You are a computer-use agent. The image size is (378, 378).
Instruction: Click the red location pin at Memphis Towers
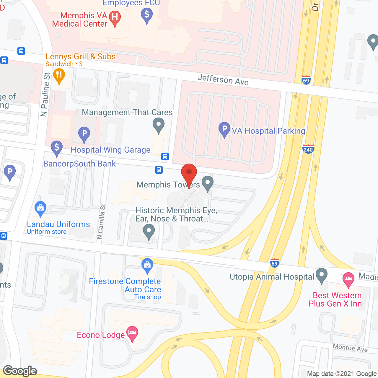[x=189, y=173]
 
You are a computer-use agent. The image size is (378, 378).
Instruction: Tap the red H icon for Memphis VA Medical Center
[x=115, y=17]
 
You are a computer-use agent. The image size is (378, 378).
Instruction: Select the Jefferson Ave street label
[x=223, y=80]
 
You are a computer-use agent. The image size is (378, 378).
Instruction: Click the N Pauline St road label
[x=45, y=94]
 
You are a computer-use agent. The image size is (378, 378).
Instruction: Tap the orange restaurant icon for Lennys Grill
[x=59, y=75]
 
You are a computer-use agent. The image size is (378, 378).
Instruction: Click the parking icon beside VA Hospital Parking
[x=224, y=129]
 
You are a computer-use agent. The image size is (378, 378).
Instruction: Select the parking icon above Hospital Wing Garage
[x=84, y=133]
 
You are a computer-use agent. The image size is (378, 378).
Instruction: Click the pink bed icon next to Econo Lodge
[x=132, y=333]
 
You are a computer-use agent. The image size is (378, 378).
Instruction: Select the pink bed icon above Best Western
[x=348, y=279]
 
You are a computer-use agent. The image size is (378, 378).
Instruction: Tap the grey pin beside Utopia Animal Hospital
[x=322, y=275]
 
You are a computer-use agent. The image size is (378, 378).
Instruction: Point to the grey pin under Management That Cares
[x=159, y=124]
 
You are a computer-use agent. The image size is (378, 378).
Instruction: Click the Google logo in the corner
[x=20, y=371]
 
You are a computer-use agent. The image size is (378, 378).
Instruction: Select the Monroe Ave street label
[x=350, y=348]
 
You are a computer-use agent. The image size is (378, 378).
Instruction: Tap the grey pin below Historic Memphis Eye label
[x=149, y=231]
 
